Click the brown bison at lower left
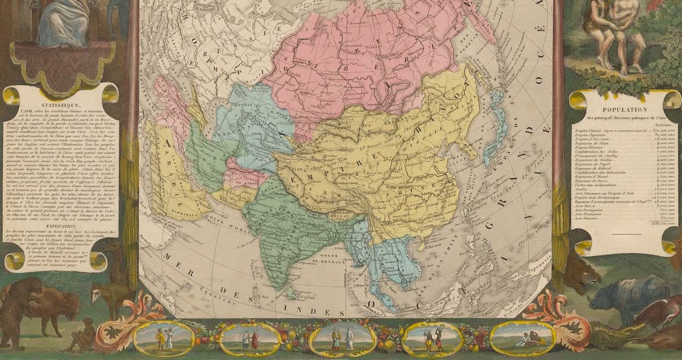pyautogui.click(x=45, y=307)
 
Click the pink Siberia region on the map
pyautogui.click(x=364, y=57)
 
